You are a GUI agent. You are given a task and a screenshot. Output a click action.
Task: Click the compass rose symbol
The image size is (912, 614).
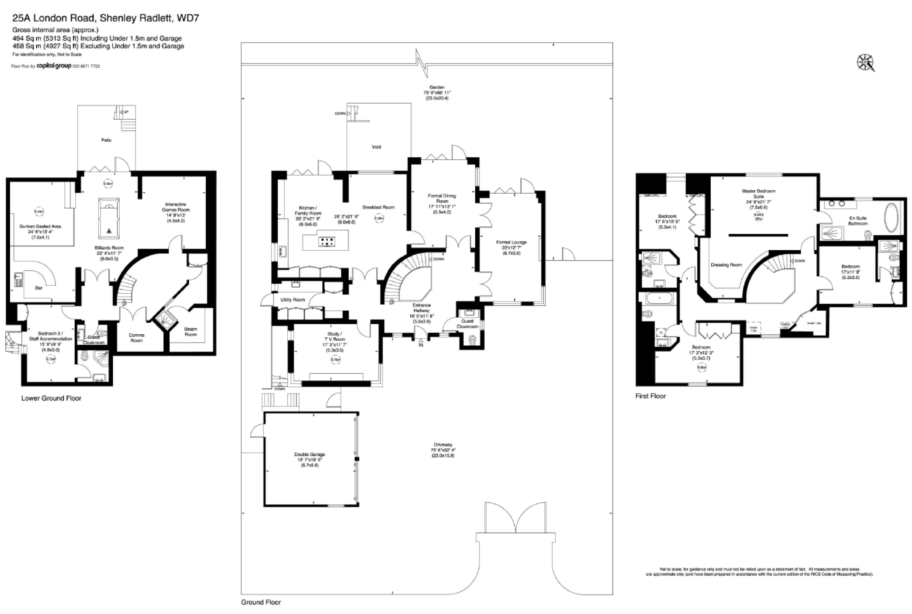pyautogui.click(x=865, y=63)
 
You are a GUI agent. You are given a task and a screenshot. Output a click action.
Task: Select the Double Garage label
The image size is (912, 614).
pyautogui.click(x=310, y=454)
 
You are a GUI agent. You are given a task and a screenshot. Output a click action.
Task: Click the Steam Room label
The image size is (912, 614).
pyautogui.click(x=191, y=332)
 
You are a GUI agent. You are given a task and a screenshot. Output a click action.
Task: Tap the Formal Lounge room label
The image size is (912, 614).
pyautogui.click(x=511, y=242)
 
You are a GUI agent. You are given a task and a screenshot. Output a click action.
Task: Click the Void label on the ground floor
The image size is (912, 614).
pyautogui.click(x=376, y=147)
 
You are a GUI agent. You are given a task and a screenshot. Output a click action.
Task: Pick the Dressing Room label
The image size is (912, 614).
pyautogui.click(x=726, y=265)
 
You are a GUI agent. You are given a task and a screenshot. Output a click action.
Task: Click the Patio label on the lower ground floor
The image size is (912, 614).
pyautogui.click(x=106, y=140)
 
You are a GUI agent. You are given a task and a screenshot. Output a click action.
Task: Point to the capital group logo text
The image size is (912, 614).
pyautogui.click(x=54, y=66)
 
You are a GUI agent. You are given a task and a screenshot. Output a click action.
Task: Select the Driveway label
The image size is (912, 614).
pyautogui.click(x=443, y=444)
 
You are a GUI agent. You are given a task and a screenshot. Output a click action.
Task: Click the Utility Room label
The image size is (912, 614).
pyautogui.click(x=292, y=299)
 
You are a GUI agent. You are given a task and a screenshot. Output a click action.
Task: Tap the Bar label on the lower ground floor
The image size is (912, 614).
pyautogui.click(x=38, y=288)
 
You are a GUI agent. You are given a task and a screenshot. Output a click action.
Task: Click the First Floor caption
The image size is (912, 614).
pyautogui.click(x=650, y=396)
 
